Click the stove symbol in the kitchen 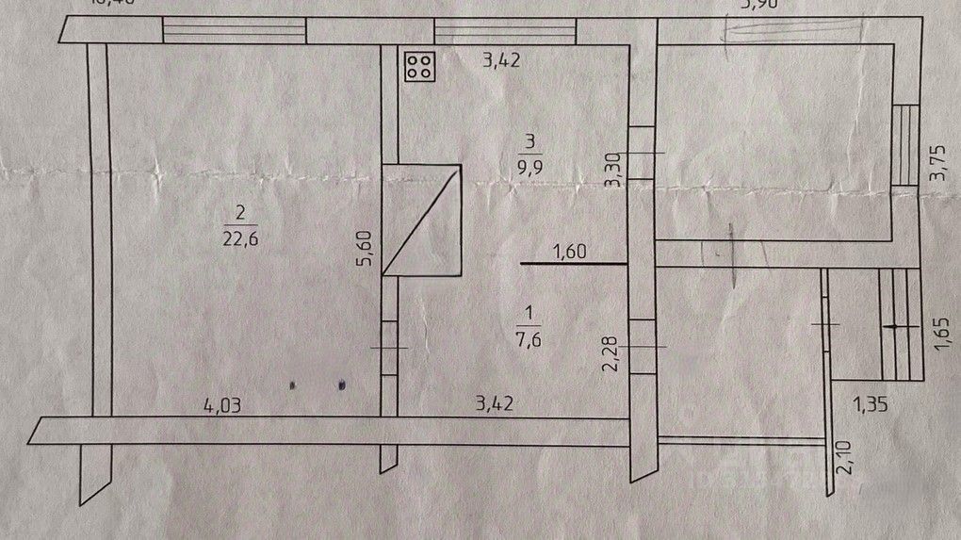coord(420,66)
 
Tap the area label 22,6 coord(241,237)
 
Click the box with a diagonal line coord(421,221)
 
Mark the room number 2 coord(240,212)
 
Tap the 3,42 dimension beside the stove coord(501,63)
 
